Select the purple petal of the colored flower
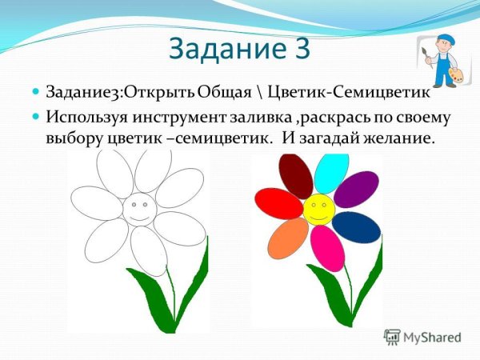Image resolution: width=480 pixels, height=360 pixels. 356,190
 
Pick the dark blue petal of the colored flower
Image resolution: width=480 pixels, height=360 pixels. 356,227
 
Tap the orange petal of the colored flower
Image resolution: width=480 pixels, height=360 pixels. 289,238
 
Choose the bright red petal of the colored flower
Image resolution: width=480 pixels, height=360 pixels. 278,203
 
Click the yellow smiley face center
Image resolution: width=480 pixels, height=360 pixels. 318,209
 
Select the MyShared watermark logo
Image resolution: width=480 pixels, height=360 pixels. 422,338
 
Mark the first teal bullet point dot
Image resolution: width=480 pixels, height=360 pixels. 36,94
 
